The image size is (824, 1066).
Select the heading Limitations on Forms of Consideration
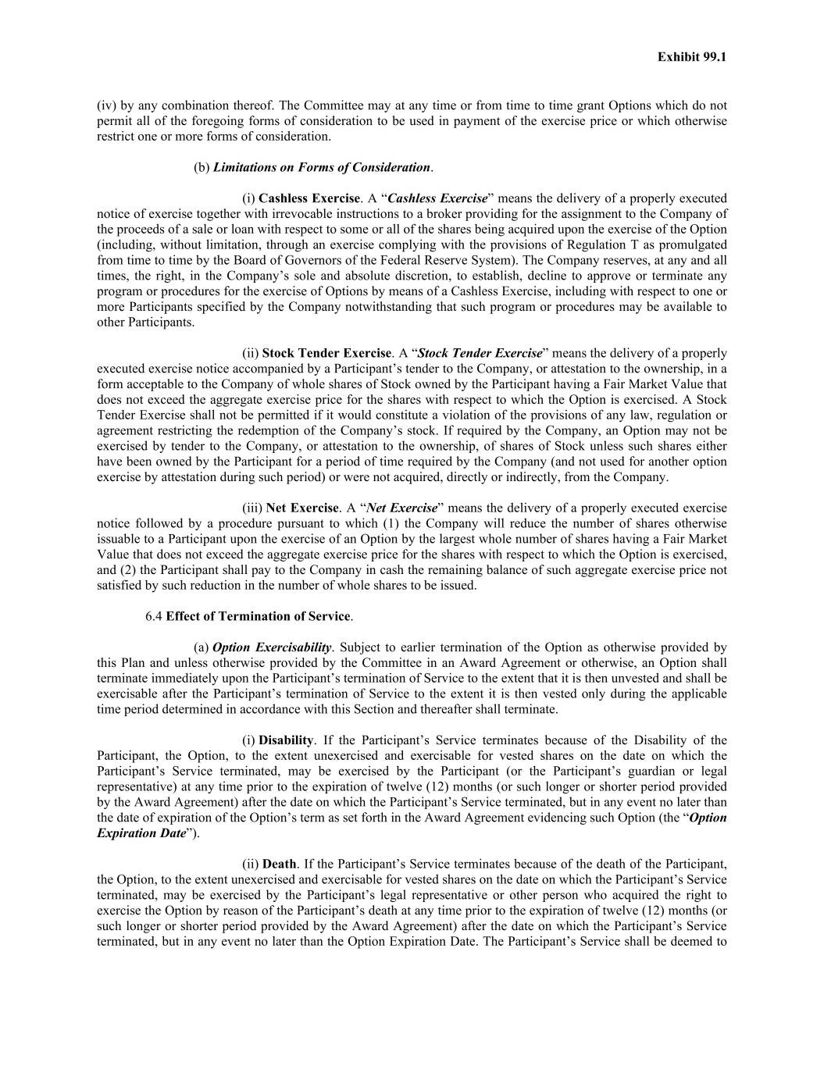tap(321, 167)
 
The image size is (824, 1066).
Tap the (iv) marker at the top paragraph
tap(106, 105)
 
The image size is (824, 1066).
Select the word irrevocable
tap(280, 214)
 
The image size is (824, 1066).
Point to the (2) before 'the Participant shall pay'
tap(129, 570)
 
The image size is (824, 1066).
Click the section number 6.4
tap(154, 616)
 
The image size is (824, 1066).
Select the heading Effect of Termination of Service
tap(258, 616)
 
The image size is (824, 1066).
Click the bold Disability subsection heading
tap(286, 740)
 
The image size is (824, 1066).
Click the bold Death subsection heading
tap(279, 865)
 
